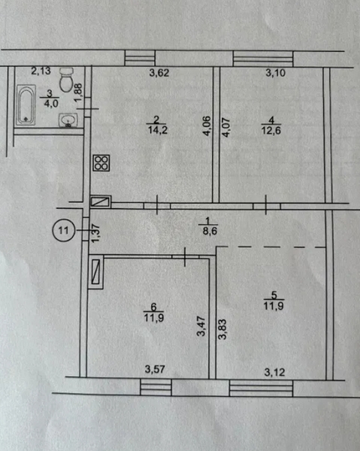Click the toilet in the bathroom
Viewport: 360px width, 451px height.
point(66,80)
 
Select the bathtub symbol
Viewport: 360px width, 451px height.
point(26,104)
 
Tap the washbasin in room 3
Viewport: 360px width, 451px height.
point(68,120)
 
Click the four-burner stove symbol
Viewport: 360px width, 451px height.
point(101,163)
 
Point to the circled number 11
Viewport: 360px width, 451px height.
point(64,230)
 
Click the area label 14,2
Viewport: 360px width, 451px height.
point(158,130)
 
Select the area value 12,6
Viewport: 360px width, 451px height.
point(271,130)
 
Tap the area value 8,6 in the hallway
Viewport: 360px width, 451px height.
point(210,231)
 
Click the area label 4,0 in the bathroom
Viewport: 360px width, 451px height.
point(51,104)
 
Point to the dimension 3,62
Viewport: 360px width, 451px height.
point(159,73)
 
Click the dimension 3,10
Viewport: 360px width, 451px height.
point(276,73)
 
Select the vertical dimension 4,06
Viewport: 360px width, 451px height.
point(207,126)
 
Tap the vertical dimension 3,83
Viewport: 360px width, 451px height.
point(222,329)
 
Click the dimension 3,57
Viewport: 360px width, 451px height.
point(155,369)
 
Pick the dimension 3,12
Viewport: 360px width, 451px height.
point(274,373)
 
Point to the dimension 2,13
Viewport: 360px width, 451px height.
point(41,71)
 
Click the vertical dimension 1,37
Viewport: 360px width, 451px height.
point(95,233)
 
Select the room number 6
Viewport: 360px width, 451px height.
point(154,307)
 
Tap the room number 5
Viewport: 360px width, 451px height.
point(274,295)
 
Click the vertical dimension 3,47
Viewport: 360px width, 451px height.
point(201,326)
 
